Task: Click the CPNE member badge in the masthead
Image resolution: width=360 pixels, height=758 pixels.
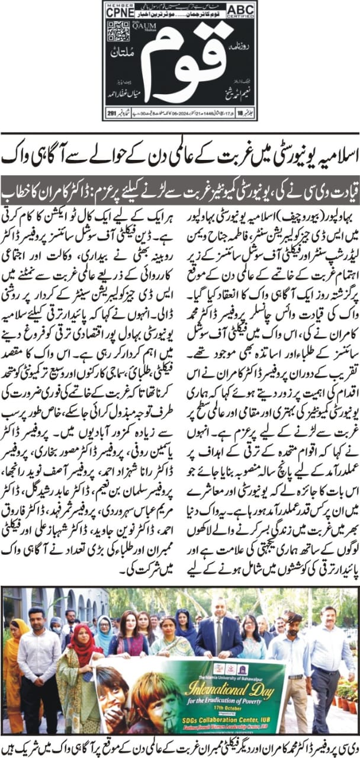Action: (x=119, y=9)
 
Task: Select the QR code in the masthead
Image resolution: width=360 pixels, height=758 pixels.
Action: (x=117, y=30)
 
